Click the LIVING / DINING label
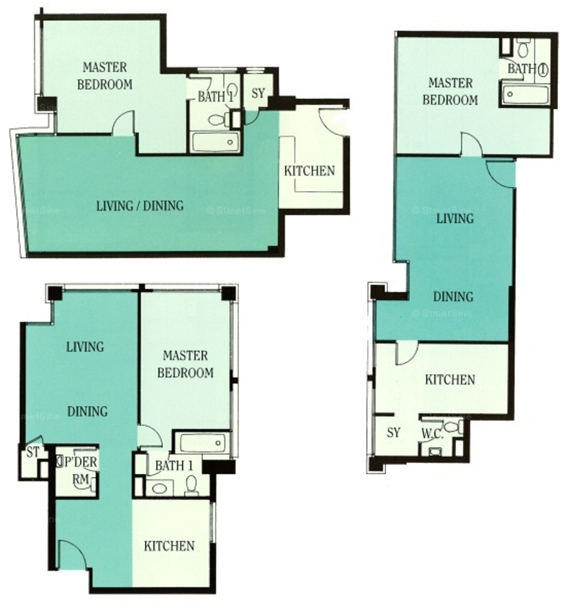coord(140,206)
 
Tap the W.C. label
coord(433,434)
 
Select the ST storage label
coord(33,452)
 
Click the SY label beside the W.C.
coord(394,432)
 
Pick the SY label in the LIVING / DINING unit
coord(258,94)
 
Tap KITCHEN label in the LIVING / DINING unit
coord(309,171)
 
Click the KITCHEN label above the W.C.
coord(450,380)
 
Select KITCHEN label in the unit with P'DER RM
coord(169,546)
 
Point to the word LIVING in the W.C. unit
coord(455,219)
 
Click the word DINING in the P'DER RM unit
coord(87,411)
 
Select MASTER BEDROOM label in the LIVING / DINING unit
coord(104,76)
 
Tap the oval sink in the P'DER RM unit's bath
coord(159,488)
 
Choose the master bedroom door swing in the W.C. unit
coord(471,144)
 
